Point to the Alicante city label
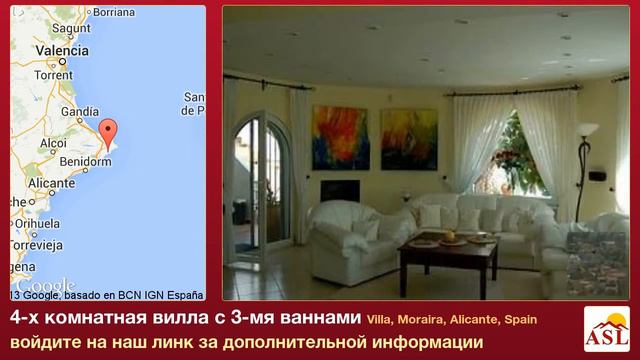tap(52, 184)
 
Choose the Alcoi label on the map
tap(52, 143)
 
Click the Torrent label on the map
tap(53, 75)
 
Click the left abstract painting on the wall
tap(339, 138)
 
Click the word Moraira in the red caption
tap(419, 319)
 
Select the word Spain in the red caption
tap(517, 319)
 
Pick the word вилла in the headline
tap(153, 319)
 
